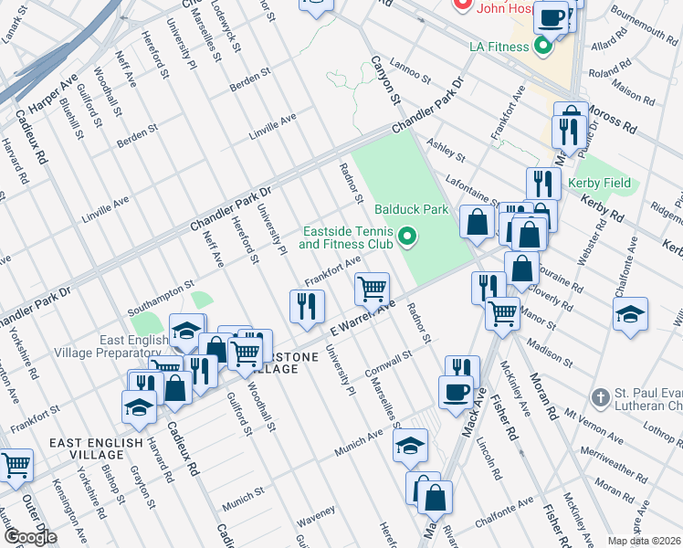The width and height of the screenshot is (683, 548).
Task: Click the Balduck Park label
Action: [x=411, y=209]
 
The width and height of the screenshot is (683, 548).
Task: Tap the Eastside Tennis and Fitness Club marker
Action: [x=406, y=239]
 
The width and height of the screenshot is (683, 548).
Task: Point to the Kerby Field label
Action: [x=596, y=184]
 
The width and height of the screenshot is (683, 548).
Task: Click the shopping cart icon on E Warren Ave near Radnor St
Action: [x=372, y=290]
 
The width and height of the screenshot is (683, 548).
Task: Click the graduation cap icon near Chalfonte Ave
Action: [x=630, y=315]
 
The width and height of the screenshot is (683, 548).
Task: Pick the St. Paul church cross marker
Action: [x=599, y=397]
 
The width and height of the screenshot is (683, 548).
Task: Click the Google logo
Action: [x=30, y=537]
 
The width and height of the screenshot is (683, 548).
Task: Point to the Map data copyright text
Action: [x=644, y=540]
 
